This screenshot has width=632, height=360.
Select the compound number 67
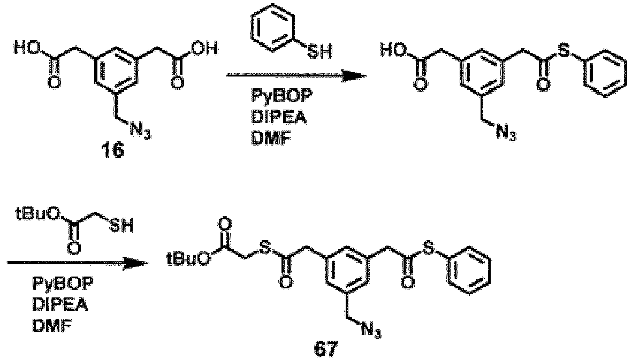click(x=326, y=349)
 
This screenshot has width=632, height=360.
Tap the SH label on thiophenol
click(x=320, y=51)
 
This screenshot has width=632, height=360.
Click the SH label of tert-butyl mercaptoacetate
click(x=122, y=226)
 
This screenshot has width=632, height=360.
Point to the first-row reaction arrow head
click(x=355, y=75)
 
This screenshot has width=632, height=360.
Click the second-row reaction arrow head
click(x=136, y=264)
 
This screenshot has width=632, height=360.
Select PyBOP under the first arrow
click(x=281, y=97)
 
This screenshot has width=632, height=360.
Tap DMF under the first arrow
click(x=271, y=139)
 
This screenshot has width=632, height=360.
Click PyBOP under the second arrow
click(x=63, y=284)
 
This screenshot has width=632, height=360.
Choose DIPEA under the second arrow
click(x=60, y=305)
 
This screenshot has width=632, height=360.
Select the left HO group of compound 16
click(x=27, y=49)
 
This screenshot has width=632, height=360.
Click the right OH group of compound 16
click(x=205, y=49)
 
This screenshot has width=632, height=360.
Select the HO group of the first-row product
click(x=394, y=51)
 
